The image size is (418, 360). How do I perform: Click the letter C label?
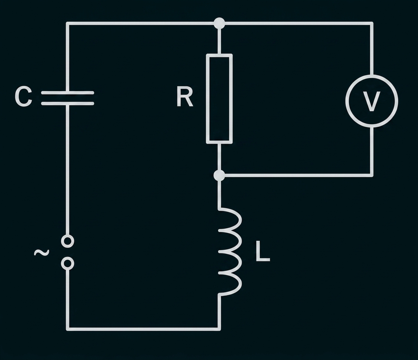24,96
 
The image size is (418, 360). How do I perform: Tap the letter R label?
185,96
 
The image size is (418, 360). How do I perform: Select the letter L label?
263,251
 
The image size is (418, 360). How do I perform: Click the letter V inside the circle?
371,101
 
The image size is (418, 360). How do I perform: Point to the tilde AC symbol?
42,252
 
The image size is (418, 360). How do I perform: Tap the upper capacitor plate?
68,93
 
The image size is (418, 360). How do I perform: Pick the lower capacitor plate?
68,103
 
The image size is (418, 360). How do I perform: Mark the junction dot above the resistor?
220,24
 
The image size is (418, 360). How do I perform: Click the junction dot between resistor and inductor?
220,175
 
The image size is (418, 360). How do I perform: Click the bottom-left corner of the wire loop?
68,329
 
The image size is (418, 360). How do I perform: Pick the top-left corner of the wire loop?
68,24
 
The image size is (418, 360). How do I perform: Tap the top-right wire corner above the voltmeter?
371,24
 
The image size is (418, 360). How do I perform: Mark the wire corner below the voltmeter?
371,175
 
